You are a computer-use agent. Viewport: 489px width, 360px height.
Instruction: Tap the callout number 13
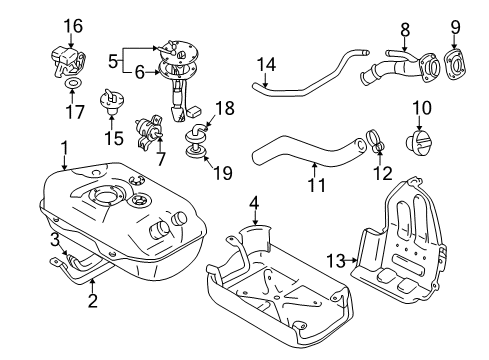(334, 260)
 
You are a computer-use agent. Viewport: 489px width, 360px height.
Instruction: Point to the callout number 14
(265, 65)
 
